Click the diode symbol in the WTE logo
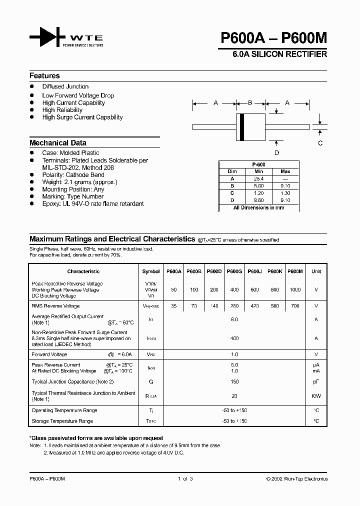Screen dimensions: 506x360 click(x=47, y=37)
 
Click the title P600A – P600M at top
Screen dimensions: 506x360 click(x=273, y=38)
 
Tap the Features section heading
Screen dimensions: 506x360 click(x=44, y=76)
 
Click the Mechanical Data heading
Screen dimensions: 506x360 click(x=57, y=142)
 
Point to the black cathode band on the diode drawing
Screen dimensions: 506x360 click(x=242, y=127)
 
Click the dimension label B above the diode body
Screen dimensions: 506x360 click(x=250, y=103)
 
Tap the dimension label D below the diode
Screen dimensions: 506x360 click(x=276, y=153)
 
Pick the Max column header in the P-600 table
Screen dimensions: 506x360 click(x=285, y=171)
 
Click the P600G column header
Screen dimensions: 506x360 click(x=234, y=271)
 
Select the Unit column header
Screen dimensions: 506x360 click(x=316, y=271)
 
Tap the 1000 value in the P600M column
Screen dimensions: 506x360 click(x=296, y=290)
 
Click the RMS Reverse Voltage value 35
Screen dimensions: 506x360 click(x=173, y=306)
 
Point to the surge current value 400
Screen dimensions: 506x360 click(x=234, y=338)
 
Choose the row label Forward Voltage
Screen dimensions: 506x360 click(x=49, y=354)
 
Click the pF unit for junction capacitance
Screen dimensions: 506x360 click(x=316, y=381)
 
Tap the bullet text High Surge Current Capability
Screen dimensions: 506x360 click(x=82, y=117)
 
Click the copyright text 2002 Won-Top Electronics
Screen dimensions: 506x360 click(x=297, y=478)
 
